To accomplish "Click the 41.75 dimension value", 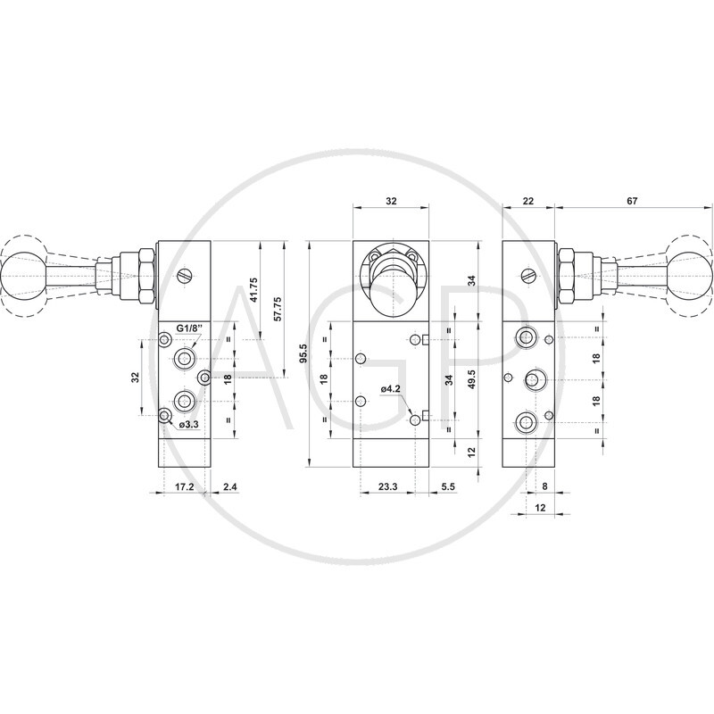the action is (x=254, y=289).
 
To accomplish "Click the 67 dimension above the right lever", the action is (x=632, y=200).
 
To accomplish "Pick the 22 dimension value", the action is (x=528, y=200).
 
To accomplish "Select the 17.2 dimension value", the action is (x=185, y=486).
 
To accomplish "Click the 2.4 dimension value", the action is (x=230, y=486).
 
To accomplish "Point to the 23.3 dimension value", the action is (x=387, y=486).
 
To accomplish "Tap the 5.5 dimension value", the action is (x=448, y=486).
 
